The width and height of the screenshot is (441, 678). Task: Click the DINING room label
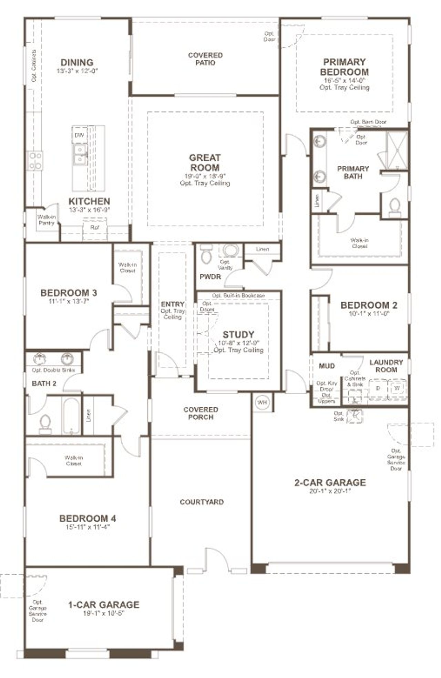77,63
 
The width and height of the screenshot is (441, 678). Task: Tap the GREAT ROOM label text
205,163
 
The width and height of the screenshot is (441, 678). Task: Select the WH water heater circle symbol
262,402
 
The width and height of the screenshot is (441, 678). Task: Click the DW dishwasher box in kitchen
79,135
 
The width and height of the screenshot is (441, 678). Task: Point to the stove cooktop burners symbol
35,160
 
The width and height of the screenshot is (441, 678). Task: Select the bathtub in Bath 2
72,416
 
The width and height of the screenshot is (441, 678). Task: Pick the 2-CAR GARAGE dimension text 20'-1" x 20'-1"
330,491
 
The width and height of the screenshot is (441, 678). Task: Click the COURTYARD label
202,502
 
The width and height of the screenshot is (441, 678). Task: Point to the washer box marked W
397,388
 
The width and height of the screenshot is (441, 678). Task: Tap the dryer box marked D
378,388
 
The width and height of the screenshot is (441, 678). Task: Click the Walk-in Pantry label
46,220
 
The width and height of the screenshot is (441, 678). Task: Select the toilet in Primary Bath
394,207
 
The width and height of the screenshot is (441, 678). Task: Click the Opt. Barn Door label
368,122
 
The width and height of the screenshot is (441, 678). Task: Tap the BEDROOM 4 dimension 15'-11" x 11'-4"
88,527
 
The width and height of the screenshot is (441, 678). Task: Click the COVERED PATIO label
205,59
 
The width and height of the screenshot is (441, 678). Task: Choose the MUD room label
327,366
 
